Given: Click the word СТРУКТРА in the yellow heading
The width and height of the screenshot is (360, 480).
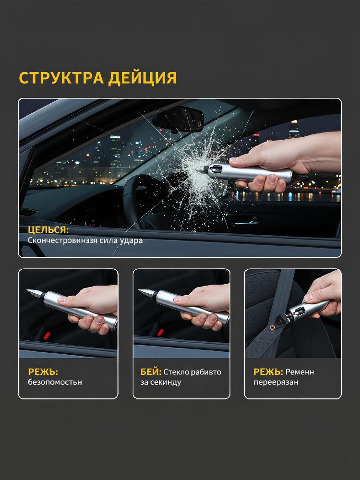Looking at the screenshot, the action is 61,78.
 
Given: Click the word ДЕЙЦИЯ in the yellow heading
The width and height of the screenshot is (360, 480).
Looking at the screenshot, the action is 143,78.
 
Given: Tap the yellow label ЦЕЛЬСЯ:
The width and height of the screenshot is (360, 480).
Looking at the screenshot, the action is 48,230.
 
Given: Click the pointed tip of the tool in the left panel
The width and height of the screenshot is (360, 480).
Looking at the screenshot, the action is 27,290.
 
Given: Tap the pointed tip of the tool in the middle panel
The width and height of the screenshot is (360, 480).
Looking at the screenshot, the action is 139,290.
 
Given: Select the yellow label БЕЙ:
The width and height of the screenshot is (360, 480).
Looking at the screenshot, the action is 151,372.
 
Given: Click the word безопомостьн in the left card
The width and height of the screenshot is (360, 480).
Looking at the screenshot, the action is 55,382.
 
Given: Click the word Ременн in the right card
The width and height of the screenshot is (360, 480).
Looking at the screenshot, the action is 300,372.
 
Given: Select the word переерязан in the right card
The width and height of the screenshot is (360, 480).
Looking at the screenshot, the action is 276,383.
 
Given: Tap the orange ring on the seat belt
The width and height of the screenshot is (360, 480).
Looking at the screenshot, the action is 272,327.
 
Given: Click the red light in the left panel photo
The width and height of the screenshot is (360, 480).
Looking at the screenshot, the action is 47,336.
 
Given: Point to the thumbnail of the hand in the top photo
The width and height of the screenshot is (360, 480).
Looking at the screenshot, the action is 234,159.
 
